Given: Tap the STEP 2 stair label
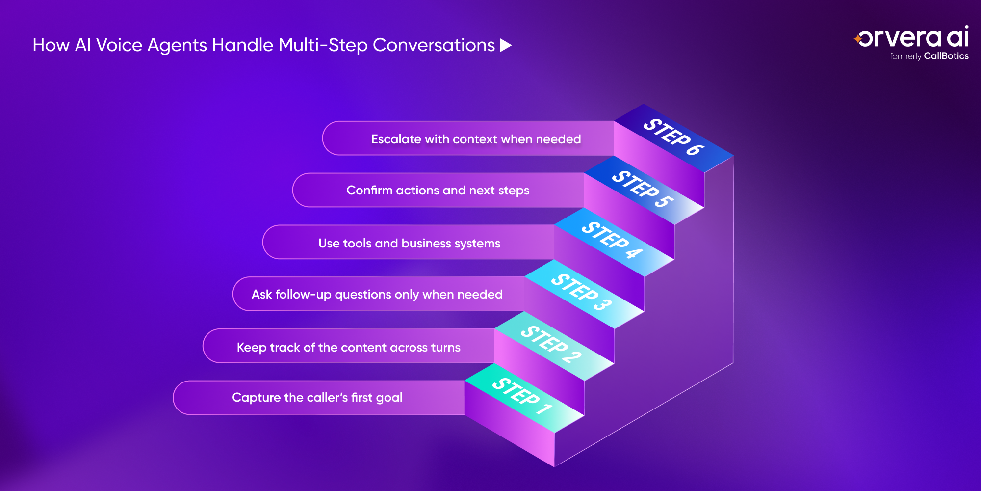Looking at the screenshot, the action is coord(551,344).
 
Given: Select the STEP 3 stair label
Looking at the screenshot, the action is coord(582,292).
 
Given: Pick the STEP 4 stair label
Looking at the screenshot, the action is coord(612,240).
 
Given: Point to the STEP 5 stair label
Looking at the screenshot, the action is coord(643,189).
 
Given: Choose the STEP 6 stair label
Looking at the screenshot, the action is coord(674,136).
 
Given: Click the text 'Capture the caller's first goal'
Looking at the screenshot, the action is coord(317,397).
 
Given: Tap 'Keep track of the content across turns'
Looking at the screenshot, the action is coord(349,347).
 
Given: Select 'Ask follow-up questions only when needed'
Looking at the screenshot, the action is coord(377,294).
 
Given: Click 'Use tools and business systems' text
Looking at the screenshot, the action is coord(410,243).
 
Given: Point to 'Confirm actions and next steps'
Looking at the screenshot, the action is coord(438,190).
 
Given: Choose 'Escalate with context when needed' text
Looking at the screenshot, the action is coord(476,139).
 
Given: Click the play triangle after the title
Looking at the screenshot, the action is coord(506,46).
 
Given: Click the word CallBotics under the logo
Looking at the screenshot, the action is coord(946,56).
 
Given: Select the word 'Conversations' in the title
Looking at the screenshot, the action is coord(434,45).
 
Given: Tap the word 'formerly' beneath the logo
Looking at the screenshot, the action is coord(905,56).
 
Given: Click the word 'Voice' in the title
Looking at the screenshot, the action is coord(119,45).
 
